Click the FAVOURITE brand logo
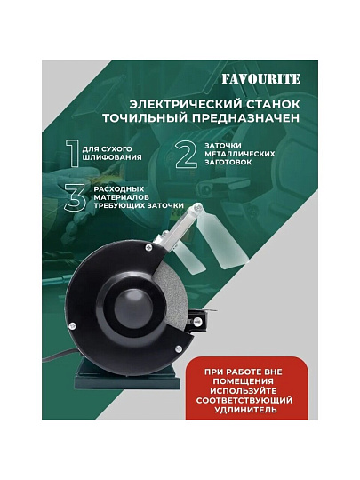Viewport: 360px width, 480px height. click(261, 79)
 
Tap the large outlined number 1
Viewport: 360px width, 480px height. click(74, 154)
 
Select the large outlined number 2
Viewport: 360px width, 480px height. click(187, 155)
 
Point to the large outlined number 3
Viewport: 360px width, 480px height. click(76, 197)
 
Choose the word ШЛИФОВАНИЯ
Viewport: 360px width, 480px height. click(112, 157)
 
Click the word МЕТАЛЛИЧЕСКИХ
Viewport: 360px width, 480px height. click(240, 154)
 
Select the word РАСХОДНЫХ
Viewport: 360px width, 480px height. click(119, 188)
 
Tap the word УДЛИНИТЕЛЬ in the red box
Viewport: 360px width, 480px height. click(246, 410)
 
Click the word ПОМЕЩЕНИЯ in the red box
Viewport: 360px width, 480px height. click(244, 381)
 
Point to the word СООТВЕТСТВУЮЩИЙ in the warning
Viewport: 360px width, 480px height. click(244, 400)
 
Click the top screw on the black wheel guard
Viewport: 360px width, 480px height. click(148, 246)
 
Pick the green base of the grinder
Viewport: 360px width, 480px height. click(126, 377)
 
